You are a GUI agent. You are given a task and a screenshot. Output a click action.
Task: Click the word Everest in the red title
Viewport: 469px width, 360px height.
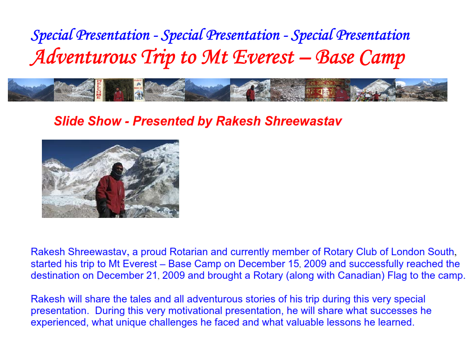264,57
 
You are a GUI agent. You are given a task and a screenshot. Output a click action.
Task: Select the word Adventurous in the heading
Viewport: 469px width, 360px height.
83,57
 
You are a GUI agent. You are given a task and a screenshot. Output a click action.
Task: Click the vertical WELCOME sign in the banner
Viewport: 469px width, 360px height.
99,90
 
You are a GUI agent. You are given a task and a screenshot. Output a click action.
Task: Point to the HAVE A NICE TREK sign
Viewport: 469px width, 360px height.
139,89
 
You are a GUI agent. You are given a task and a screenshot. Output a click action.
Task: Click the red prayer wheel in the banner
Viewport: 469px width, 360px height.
321,90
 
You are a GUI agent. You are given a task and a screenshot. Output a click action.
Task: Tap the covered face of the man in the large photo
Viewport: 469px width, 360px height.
117,170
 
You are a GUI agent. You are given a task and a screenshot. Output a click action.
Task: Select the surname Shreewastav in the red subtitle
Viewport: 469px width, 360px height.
303,121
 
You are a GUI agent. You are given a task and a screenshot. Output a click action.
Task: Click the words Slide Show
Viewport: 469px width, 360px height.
87,121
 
